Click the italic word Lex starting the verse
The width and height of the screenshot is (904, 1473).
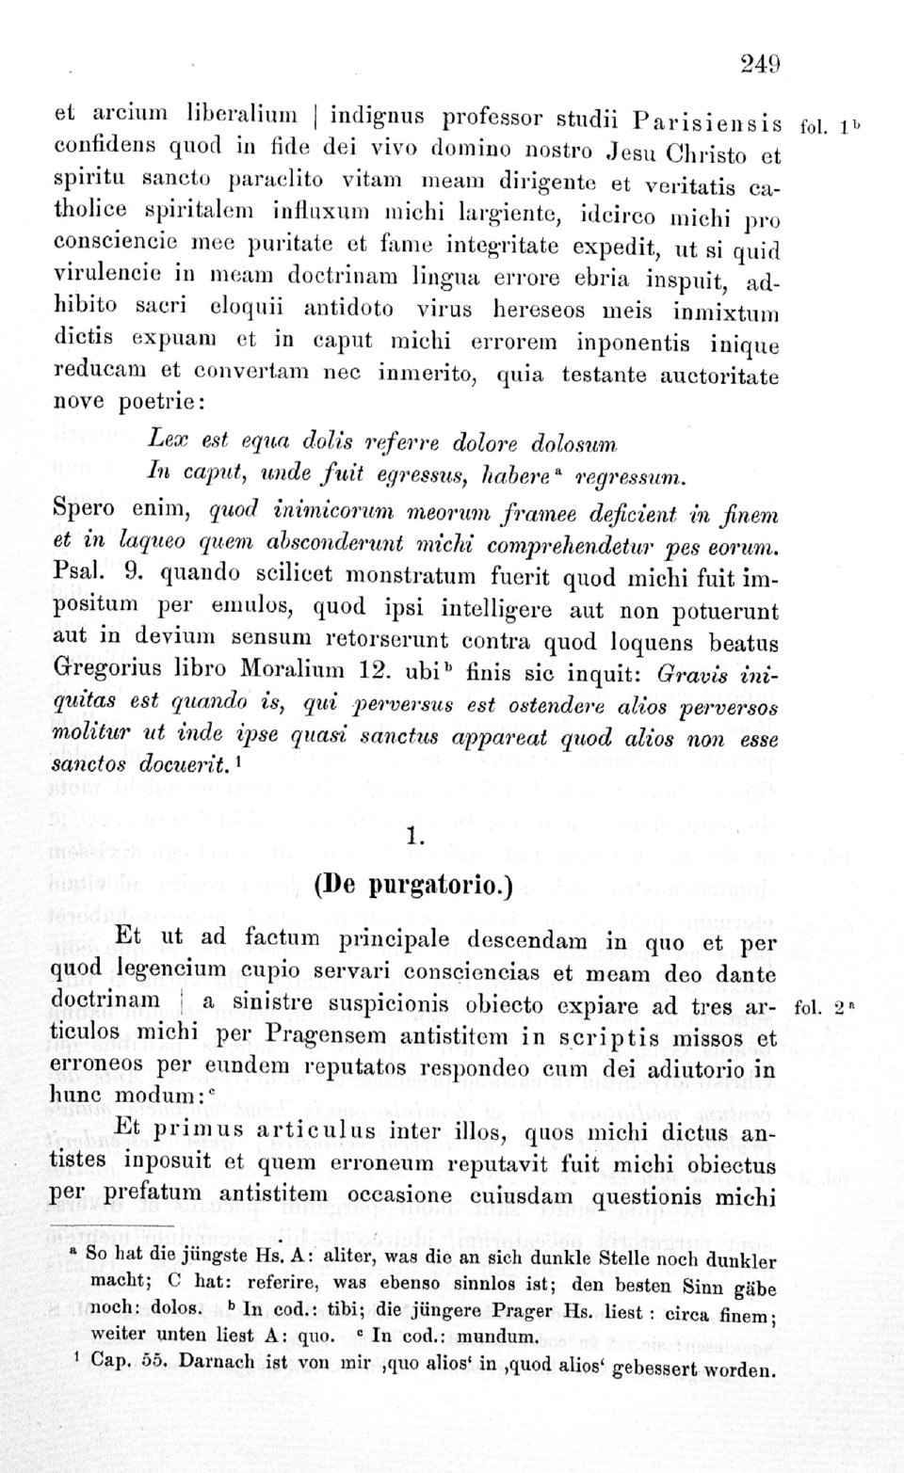click(x=169, y=440)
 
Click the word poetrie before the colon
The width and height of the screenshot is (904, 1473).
click(x=155, y=403)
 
